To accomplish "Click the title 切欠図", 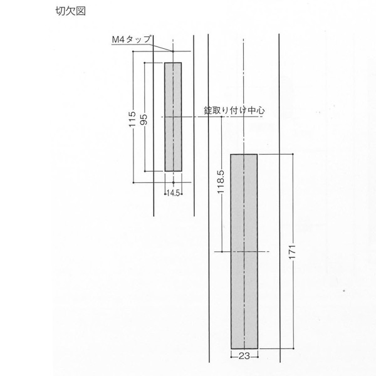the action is point(70,11).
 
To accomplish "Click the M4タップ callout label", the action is point(132,39).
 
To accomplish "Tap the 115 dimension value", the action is point(132,119).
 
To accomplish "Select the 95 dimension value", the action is point(144,120).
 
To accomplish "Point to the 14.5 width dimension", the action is point(173,193).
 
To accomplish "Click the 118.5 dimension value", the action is point(220,182).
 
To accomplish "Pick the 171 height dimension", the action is point(292,252).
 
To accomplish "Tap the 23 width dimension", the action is point(244,356).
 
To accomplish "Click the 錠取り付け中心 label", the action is point(234,110).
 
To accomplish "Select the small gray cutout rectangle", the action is point(173,117).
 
